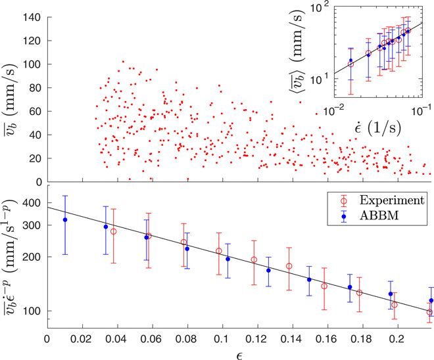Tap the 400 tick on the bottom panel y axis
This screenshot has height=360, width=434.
click(x=32, y=204)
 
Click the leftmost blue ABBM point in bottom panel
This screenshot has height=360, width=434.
click(x=64, y=219)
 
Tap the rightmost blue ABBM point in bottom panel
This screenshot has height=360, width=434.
click(x=431, y=300)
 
